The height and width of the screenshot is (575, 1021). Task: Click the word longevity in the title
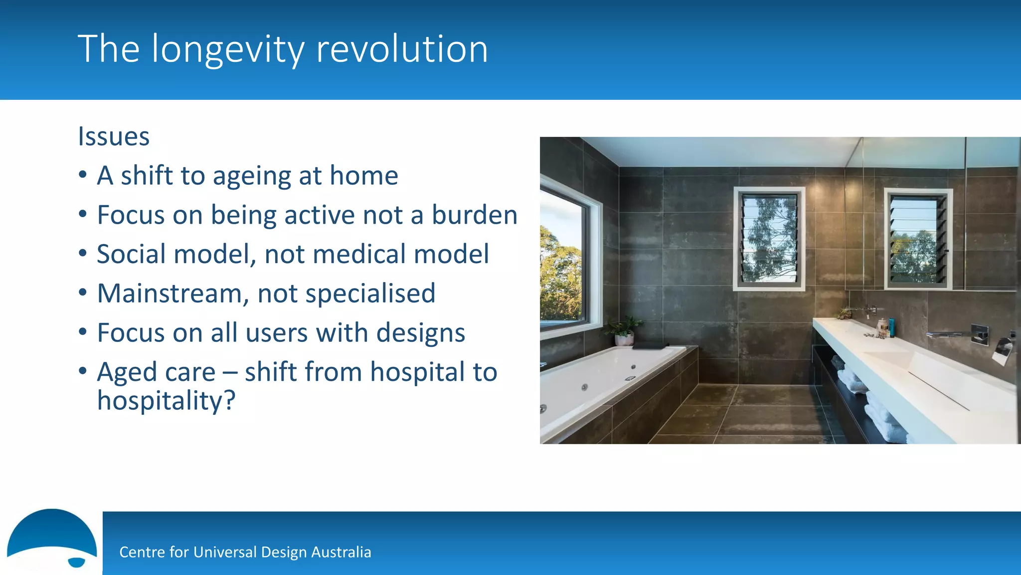227,50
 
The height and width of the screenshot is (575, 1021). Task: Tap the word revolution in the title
402,49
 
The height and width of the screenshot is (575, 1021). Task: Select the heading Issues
114,136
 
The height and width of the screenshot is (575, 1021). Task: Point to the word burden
474,215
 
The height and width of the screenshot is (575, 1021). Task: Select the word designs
420,333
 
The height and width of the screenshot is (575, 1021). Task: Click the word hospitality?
166,401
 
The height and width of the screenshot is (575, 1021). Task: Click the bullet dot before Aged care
83,371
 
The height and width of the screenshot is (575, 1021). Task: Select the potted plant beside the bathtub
623,330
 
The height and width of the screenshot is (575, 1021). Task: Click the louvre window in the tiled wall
769,239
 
